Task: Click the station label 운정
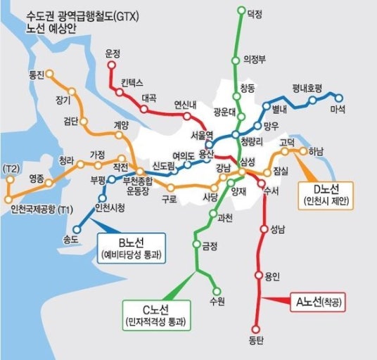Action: tap(112, 53)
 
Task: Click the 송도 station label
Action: tap(71, 239)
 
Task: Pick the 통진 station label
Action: tap(36, 74)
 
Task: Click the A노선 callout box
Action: tap(318, 302)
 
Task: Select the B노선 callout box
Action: tap(132, 248)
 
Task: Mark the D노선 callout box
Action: tap(325, 195)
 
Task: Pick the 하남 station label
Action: tap(316, 150)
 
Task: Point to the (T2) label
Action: tap(11, 169)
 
